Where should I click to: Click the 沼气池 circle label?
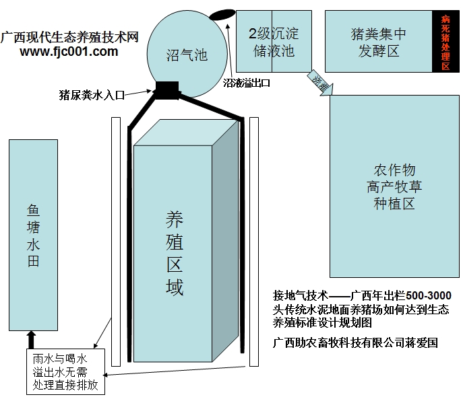186,57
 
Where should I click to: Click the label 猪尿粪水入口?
92,96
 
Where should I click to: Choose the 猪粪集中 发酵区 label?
379,40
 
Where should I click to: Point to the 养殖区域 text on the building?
175,253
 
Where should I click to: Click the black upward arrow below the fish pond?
30,338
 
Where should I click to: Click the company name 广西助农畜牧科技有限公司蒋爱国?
355,342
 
